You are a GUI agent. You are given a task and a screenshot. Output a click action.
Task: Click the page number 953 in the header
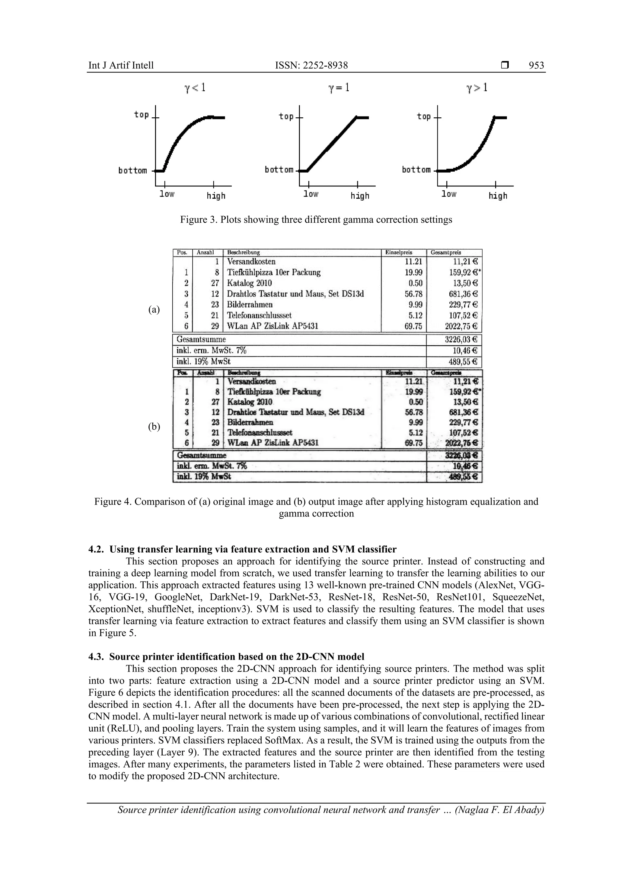coord(536,65)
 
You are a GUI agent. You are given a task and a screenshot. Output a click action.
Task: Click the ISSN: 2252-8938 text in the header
coord(311,65)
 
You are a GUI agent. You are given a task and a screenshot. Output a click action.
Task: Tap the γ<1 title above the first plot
coord(195,88)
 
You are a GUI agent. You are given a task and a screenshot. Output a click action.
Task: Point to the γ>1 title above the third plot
coord(477,88)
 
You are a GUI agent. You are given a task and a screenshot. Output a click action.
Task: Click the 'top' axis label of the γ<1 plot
coord(141,115)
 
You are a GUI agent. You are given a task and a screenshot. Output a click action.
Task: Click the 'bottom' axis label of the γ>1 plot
coord(416,170)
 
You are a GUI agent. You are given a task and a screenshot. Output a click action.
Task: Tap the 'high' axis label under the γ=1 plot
coord(360,196)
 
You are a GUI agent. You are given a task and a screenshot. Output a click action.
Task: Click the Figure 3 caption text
coord(316,220)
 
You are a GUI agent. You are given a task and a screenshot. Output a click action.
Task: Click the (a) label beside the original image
coord(154,310)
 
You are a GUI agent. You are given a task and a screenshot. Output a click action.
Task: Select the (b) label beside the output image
coord(154,427)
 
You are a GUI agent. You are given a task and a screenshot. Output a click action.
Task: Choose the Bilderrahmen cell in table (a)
coord(250,304)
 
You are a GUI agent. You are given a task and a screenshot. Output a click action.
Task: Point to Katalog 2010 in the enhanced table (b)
coord(250,402)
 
